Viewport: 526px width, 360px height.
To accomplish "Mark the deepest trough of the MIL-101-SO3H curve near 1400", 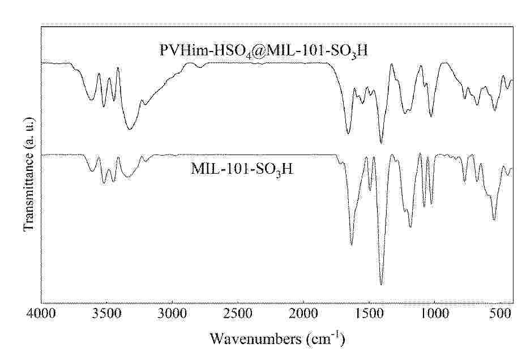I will [x=381, y=285].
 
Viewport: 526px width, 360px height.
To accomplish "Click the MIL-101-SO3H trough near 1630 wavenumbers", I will [x=352, y=245].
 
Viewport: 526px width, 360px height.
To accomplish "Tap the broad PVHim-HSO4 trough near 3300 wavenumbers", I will [x=130, y=130].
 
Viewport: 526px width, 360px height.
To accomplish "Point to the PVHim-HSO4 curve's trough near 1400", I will [x=381, y=143].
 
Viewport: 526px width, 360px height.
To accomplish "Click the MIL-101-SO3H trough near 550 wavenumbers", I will [x=494, y=220].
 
